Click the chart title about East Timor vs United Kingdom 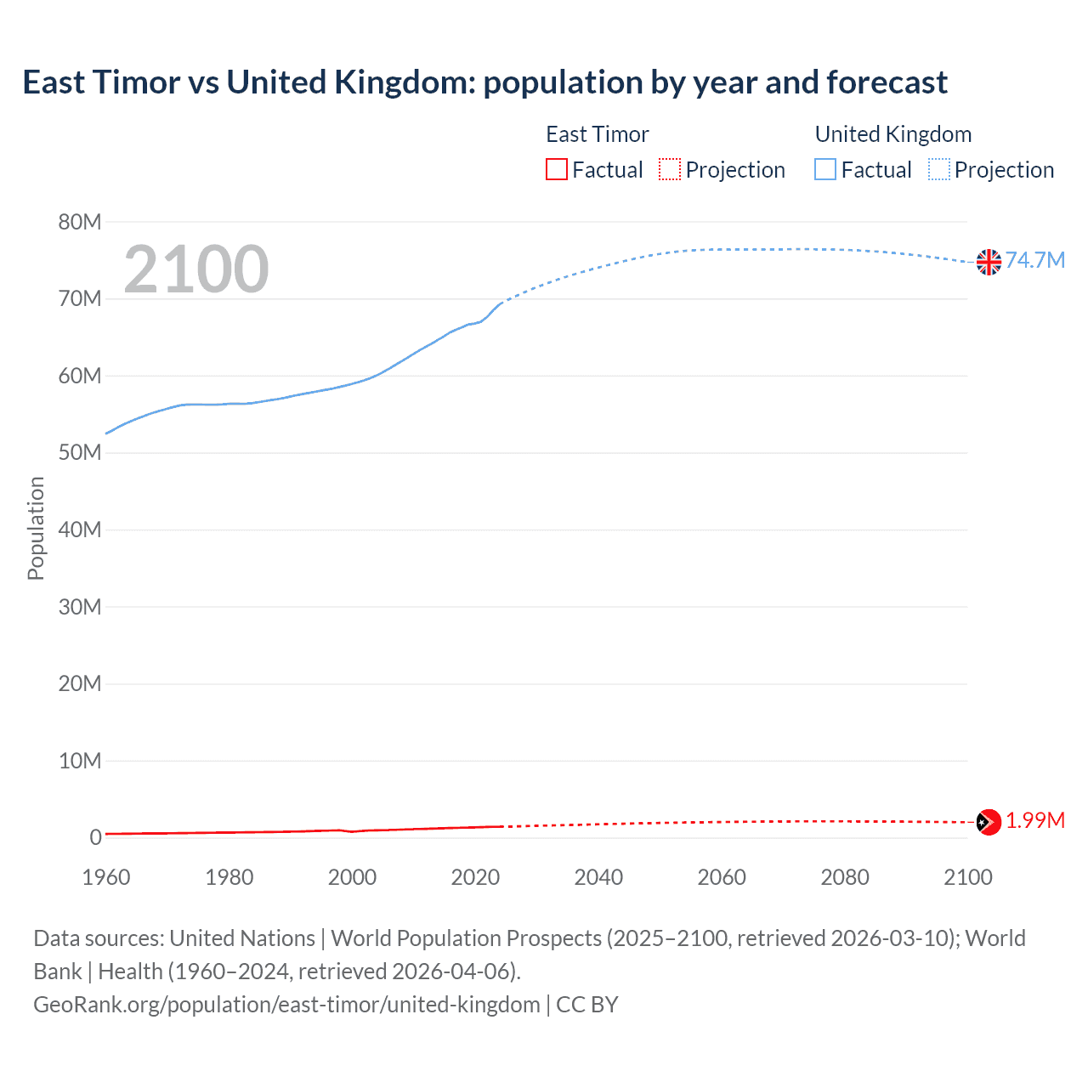(x=484, y=82)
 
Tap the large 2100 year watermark (x=196, y=269)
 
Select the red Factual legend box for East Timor (x=557, y=169)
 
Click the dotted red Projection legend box (x=670, y=169)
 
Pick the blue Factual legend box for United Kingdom (x=825, y=169)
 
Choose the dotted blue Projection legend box (x=939, y=169)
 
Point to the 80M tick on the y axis (x=80, y=222)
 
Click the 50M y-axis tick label (x=80, y=453)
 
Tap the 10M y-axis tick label (x=80, y=761)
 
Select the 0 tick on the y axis (x=95, y=837)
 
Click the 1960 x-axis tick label (x=106, y=877)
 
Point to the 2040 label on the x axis (x=598, y=877)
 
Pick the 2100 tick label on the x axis (x=967, y=877)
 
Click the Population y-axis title (x=36, y=528)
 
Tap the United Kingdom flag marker (x=989, y=262)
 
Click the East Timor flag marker (x=989, y=822)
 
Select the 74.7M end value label (x=1035, y=260)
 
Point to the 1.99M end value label (x=1035, y=820)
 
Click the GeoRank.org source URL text (x=286, y=1005)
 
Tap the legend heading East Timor (x=597, y=134)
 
